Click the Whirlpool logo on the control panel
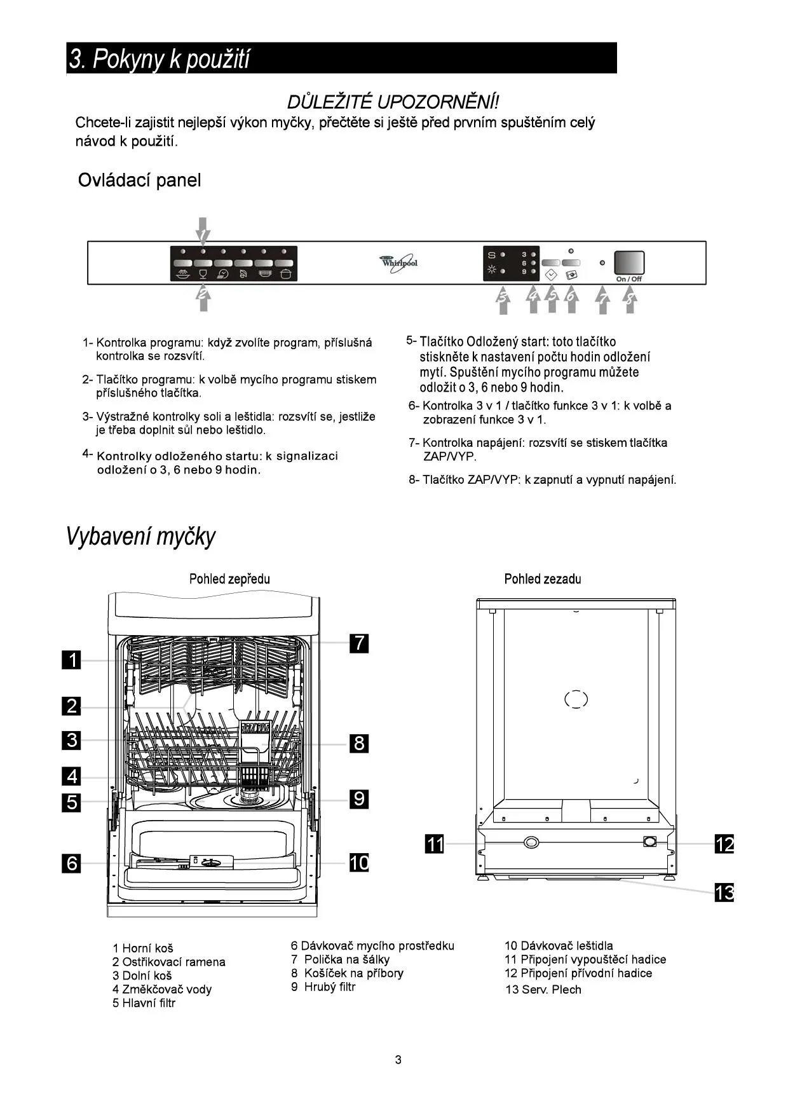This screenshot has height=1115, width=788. (x=399, y=263)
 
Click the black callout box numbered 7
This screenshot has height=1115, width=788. (x=359, y=643)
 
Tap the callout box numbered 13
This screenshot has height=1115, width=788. (x=724, y=893)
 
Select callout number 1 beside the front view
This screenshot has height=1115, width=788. (x=72, y=660)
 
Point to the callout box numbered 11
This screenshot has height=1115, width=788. (x=435, y=844)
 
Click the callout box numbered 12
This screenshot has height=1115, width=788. (x=724, y=844)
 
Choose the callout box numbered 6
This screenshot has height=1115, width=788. (x=72, y=863)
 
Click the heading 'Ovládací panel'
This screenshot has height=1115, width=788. (x=139, y=181)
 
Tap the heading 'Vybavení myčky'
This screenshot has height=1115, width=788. (x=140, y=537)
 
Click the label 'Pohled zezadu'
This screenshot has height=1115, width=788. (x=542, y=579)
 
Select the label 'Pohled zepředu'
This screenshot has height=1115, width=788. (x=229, y=579)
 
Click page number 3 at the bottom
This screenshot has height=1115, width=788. (x=398, y=1060)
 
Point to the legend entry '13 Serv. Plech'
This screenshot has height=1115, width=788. (x=543, y=989)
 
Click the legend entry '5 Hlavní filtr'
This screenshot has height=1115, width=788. (x=144, y=1003)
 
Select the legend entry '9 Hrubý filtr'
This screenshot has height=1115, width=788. (x=323, y=987)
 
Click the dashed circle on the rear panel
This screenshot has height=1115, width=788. (x=576, y=699)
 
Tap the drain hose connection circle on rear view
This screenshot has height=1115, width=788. (x=531, y=843)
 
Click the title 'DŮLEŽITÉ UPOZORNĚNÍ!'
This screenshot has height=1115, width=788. (x=393, y=102)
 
